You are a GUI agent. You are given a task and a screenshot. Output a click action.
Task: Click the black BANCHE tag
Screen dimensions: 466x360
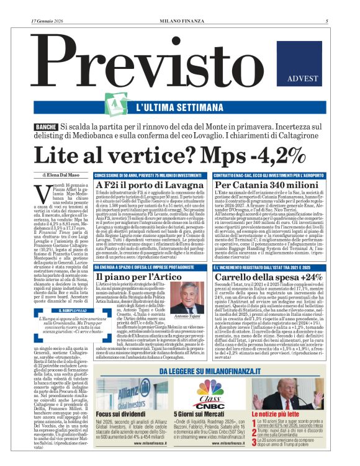pyautogui.click(x=47, y=127)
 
